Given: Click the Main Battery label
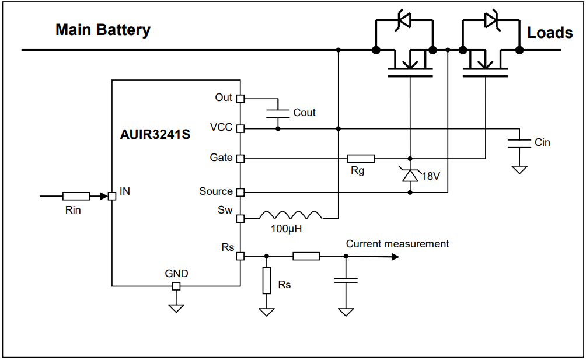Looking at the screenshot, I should point(103,30).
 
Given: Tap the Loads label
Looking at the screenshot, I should point(550,33).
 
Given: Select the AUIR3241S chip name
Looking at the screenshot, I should point(155,135).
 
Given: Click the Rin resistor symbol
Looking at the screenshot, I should point(76,197).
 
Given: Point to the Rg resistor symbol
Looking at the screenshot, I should point(361,158).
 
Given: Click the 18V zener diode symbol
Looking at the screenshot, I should point(410,174).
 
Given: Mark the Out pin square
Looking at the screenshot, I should point(240,99).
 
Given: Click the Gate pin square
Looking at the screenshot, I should point(240,158).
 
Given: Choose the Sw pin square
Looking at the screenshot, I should point(240,219).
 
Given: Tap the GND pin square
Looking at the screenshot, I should point(176,286).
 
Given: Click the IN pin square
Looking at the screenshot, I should point(112,197).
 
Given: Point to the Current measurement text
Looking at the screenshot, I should point(397,244).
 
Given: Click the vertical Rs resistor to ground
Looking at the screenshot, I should point(267,281).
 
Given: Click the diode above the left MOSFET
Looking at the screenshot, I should point(404,20).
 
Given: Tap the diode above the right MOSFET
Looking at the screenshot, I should point(491,20).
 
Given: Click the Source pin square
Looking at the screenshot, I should point(240,192).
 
